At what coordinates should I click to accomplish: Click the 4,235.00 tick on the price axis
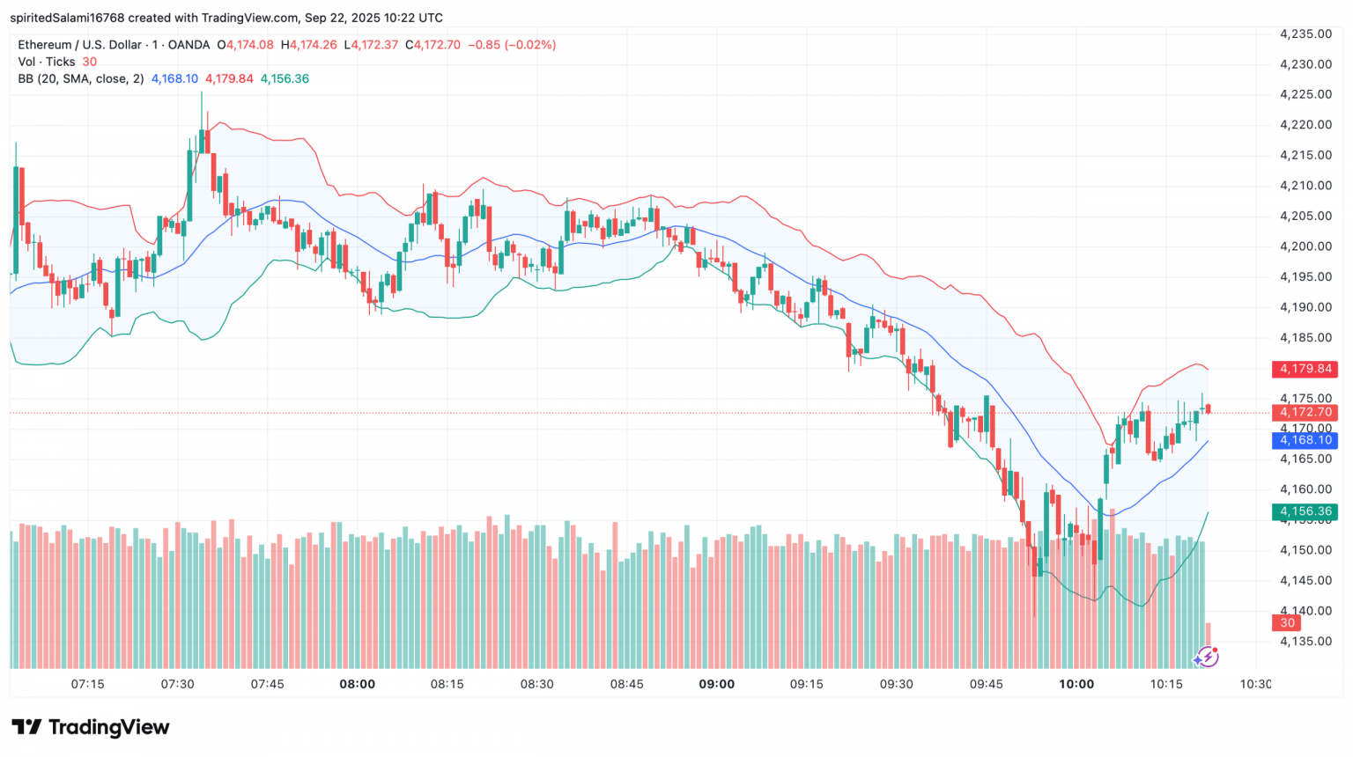tap(1305, 34)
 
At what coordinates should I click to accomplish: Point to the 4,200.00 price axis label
tap(1305, 246)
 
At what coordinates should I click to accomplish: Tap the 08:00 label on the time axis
tap(357, 684)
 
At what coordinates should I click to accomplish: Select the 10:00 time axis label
tap(1076, 684)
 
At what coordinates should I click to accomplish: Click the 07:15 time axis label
tap(87, 684)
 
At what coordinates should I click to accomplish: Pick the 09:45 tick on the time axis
tap(986, 684)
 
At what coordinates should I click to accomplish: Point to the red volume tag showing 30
tap(1287, 623)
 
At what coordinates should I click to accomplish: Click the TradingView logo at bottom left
tap(91, 727)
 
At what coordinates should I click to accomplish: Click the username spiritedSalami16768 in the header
tap(67, 18)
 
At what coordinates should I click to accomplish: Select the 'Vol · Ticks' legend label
tap(47, 62)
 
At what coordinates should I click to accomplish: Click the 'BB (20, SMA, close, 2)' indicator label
tap(81, 78)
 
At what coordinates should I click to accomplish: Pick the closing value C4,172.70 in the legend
tap(433, 45)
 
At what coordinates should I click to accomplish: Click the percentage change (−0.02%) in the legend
tap(530, 45)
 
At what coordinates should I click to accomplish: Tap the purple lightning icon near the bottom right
tap(1206, 657)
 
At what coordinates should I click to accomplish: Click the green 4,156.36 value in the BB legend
tap(285, 78)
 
